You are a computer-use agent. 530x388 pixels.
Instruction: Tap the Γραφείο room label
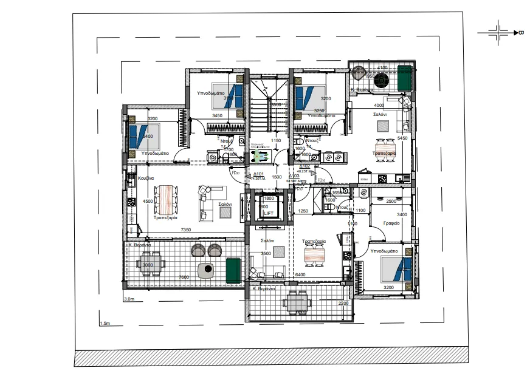391,223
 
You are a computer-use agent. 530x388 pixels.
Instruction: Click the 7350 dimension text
187,230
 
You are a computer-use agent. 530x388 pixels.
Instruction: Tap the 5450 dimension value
402,138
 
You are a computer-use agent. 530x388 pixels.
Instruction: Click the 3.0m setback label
128,299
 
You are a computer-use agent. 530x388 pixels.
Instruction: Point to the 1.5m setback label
104,324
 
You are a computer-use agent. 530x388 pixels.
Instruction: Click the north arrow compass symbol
500,32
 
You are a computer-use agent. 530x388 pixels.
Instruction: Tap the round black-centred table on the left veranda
208,268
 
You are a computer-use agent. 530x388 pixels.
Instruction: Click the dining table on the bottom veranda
298,301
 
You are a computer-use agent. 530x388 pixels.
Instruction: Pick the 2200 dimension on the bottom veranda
343,303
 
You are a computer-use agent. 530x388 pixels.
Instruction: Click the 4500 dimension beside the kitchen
147,201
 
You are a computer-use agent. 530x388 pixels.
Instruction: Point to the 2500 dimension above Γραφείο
391,201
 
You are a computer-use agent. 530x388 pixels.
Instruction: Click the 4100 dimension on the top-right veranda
382,68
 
